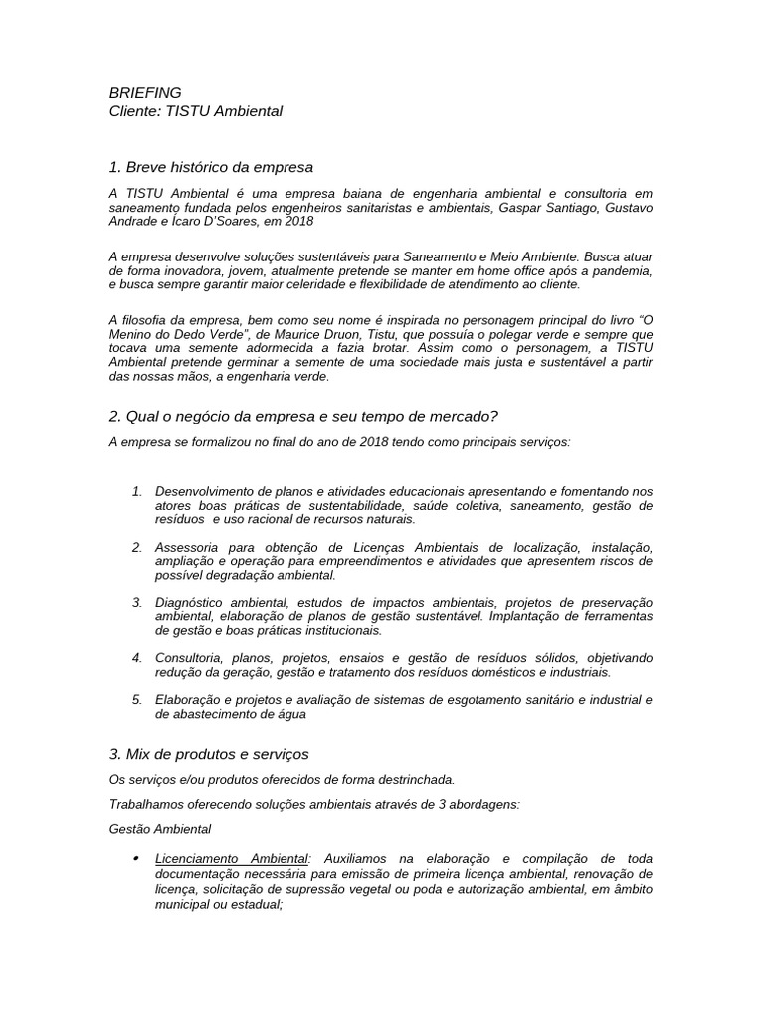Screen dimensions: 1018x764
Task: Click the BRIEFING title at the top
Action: coord(145,92)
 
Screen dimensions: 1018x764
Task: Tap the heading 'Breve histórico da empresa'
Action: coord(219,166)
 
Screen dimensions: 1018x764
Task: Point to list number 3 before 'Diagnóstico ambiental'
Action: coord(137,602)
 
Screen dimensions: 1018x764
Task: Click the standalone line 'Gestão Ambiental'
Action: coord(159,828)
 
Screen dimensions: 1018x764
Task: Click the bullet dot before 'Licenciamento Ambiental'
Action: coord(134,857)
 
